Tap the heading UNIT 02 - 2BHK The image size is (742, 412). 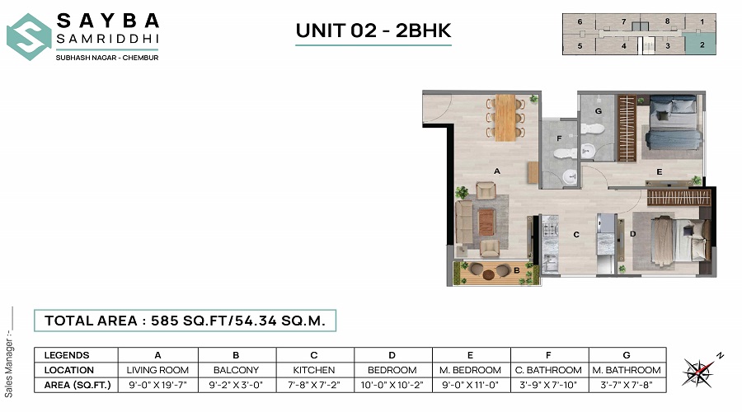point(373,30)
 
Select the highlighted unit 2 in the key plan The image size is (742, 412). point(702,46)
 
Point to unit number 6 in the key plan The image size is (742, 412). point(580,21)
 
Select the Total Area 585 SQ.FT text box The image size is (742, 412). point(185,321)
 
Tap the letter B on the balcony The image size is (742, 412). point(515,269)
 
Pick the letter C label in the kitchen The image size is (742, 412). point(577,234)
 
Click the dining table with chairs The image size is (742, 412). point(505,115)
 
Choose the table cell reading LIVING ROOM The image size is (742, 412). point(157,370)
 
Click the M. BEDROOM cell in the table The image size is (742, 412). point(472,370)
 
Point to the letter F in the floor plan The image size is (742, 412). point(559,138)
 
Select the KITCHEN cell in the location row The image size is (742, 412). point(314,370)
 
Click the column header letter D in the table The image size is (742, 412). point(392,354)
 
